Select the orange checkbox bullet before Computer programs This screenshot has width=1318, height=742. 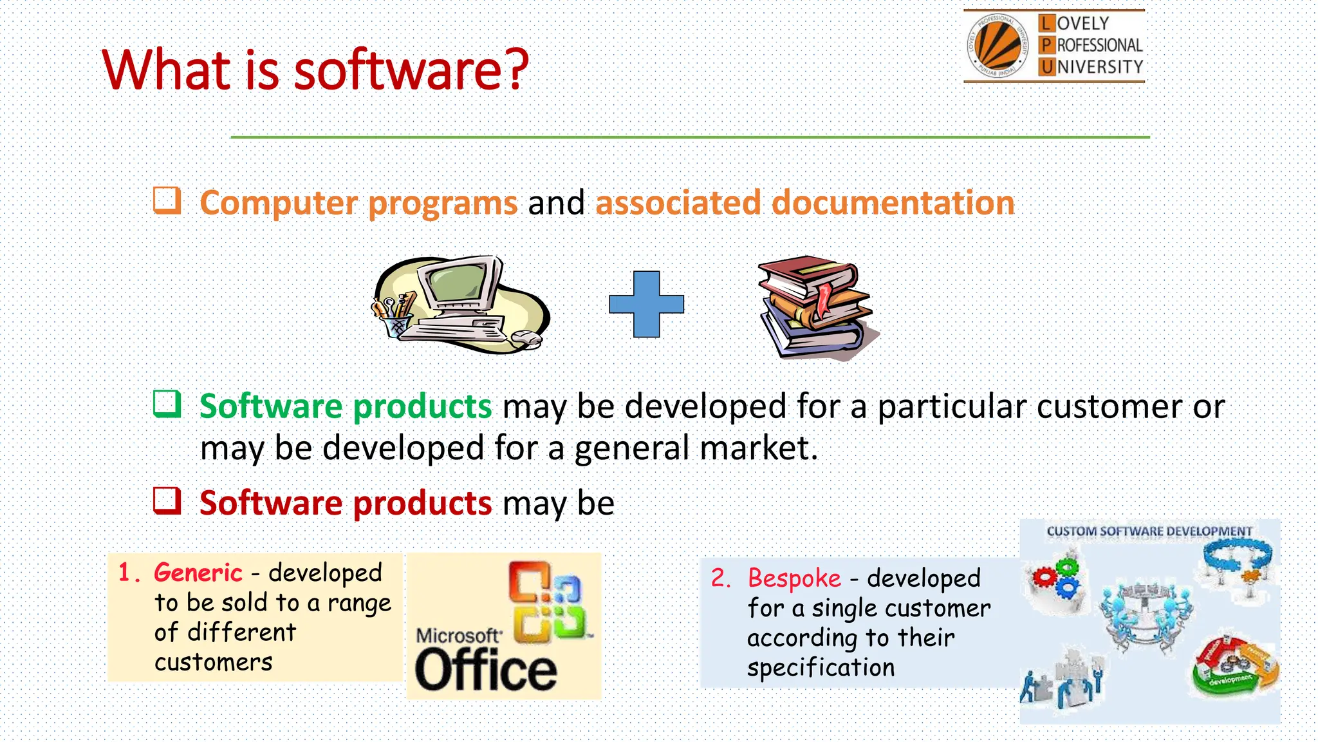167,200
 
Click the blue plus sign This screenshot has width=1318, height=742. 646,304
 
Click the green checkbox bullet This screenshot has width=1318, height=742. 167,404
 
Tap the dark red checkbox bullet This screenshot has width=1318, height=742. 167,500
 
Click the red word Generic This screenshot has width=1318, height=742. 198,572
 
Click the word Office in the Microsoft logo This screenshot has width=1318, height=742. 486,670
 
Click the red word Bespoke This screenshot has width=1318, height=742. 794,578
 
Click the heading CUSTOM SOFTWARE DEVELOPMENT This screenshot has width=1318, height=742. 1149,531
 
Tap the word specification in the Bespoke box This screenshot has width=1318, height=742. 821,668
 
